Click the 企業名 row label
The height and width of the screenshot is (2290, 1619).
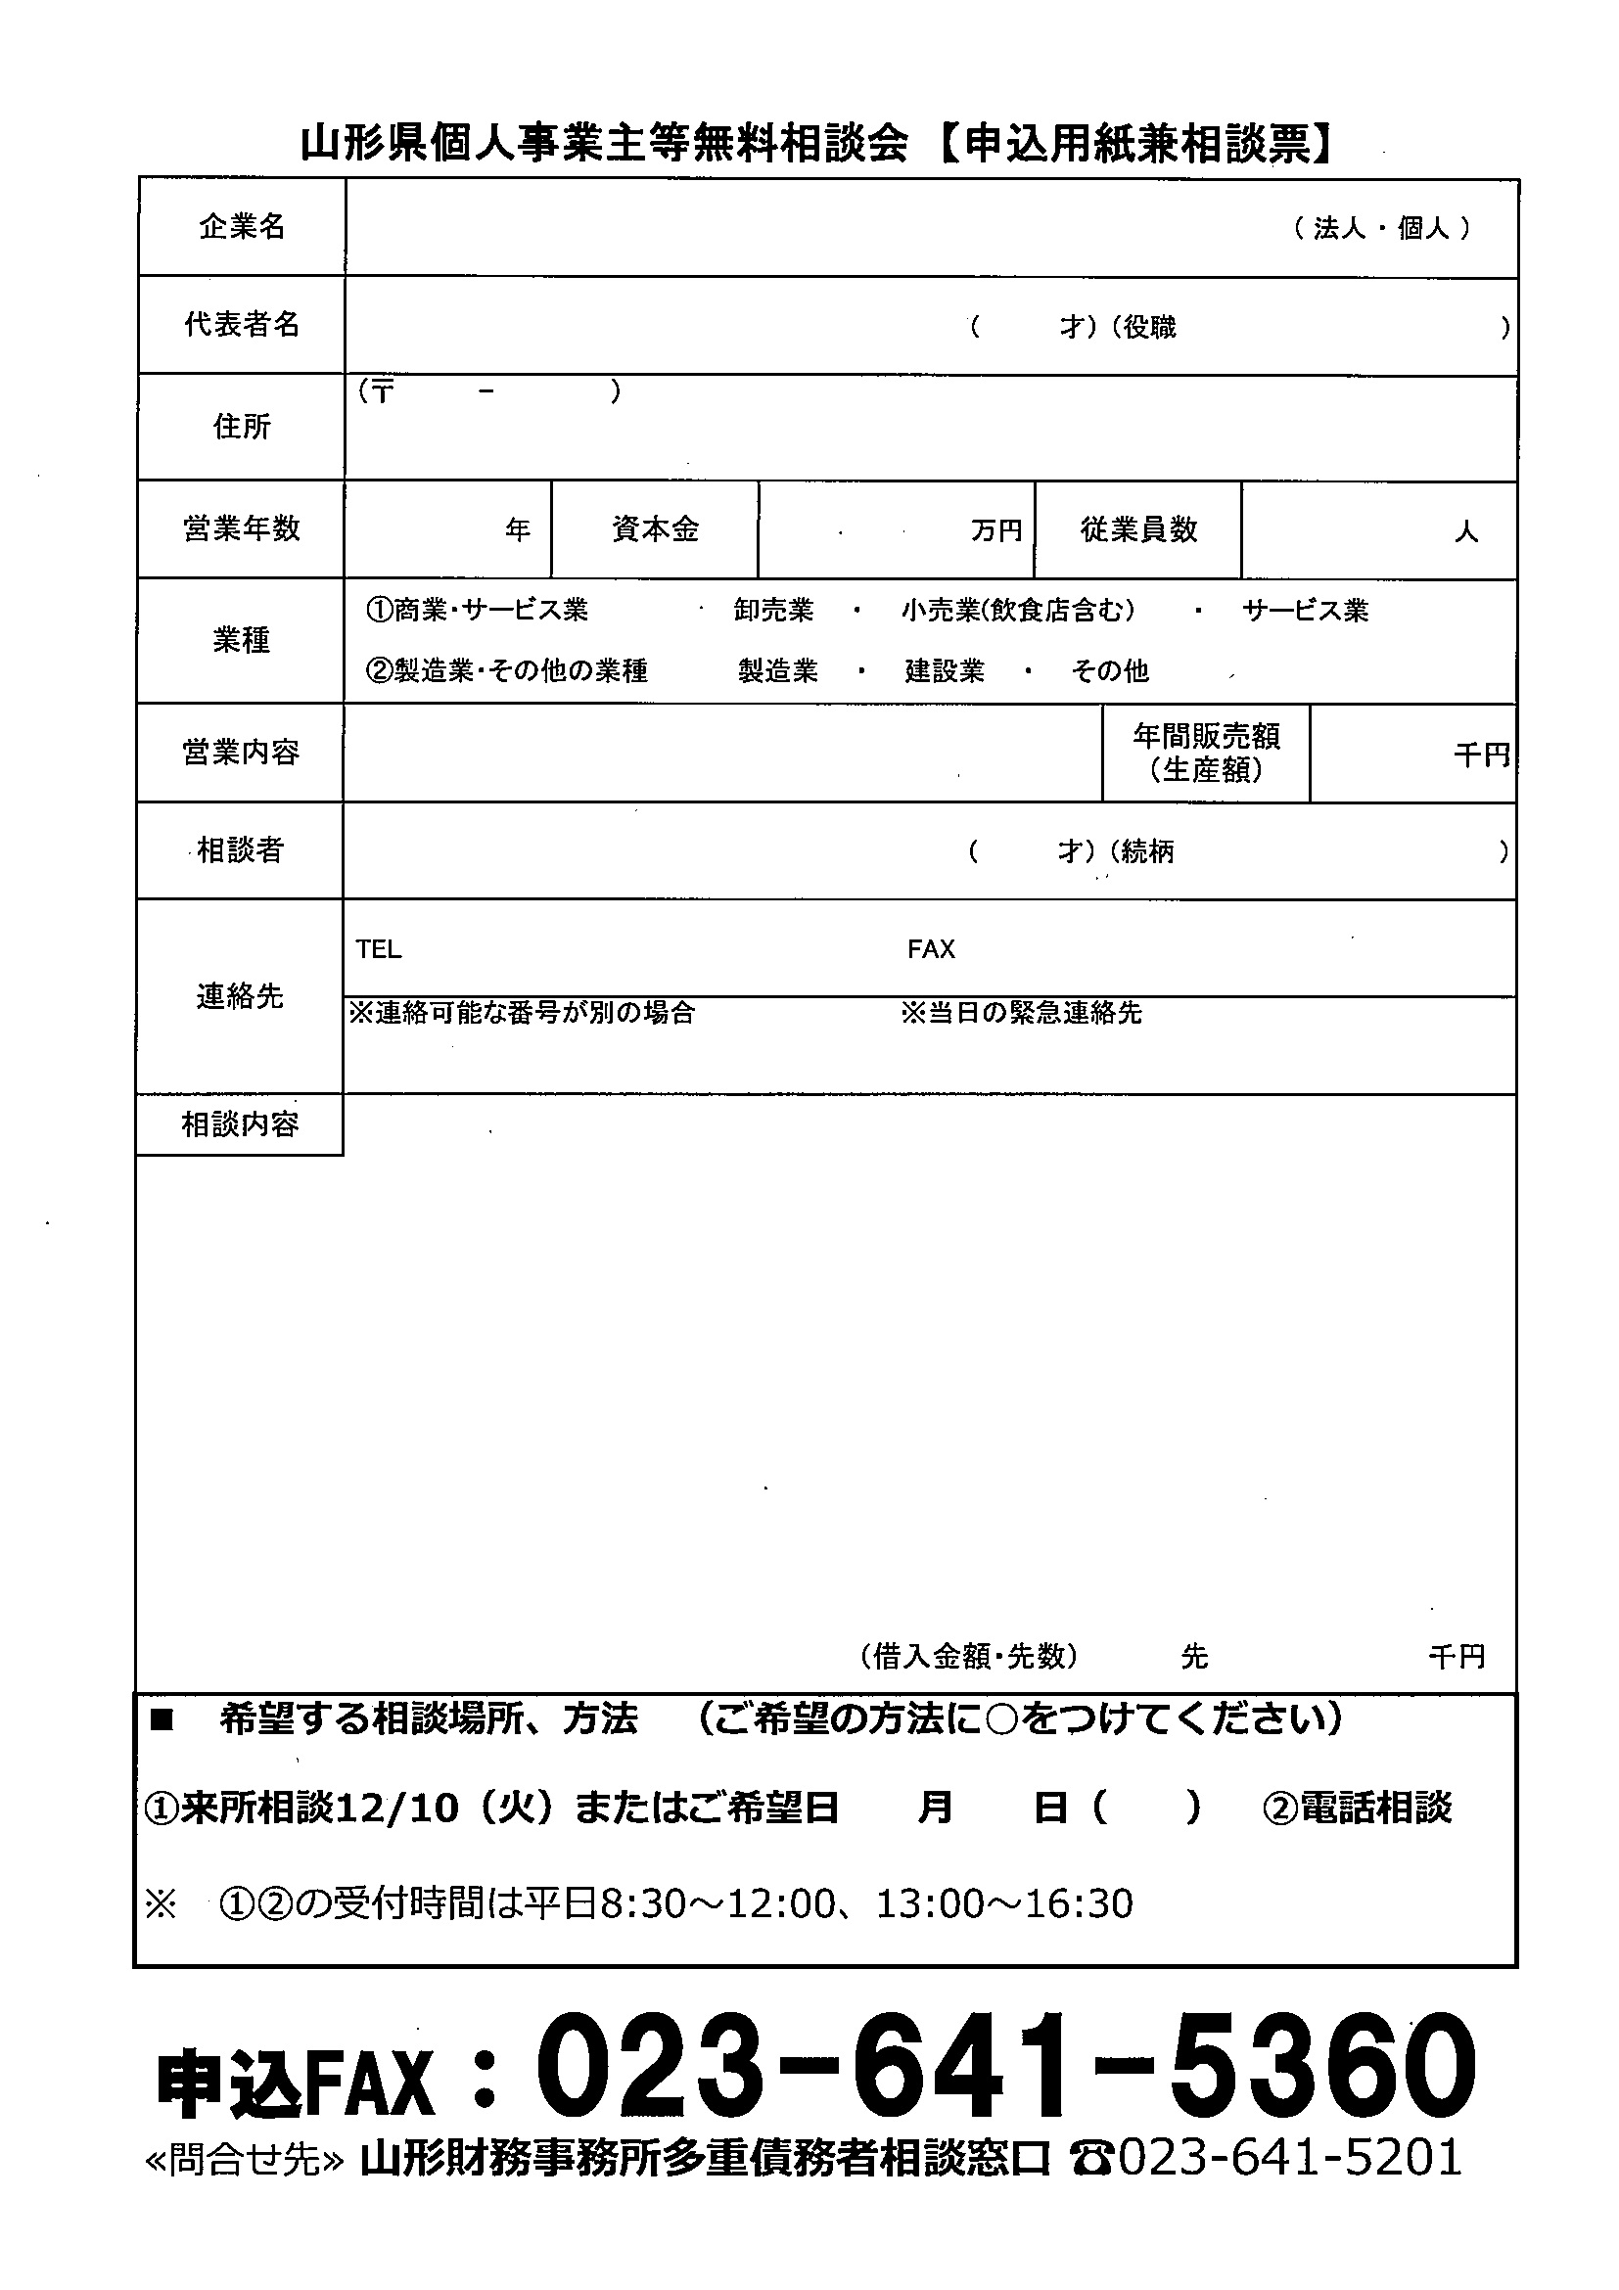point(242,227)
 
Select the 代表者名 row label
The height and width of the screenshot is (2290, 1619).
point(242,324)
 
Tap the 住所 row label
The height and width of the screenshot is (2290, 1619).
point(242,427)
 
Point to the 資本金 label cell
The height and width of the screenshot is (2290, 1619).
point(656,528)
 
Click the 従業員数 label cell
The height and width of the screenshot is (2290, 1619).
point(1138,528)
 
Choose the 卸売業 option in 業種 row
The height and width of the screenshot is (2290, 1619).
point(774,611)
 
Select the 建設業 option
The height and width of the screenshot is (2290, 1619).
point(945,670)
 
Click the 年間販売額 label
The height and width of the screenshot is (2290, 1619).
point(1206,737)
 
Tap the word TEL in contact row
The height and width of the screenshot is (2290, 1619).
point(379,949)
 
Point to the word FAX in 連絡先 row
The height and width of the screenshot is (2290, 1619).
point(931,949)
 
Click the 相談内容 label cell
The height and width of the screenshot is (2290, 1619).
point(240,1125)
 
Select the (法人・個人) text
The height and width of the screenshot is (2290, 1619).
point(1381,228)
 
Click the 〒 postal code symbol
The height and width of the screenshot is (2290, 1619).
point(381,391)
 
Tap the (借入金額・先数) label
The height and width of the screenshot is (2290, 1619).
point(969,1656)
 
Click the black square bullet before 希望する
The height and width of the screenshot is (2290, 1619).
point(161,1719)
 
